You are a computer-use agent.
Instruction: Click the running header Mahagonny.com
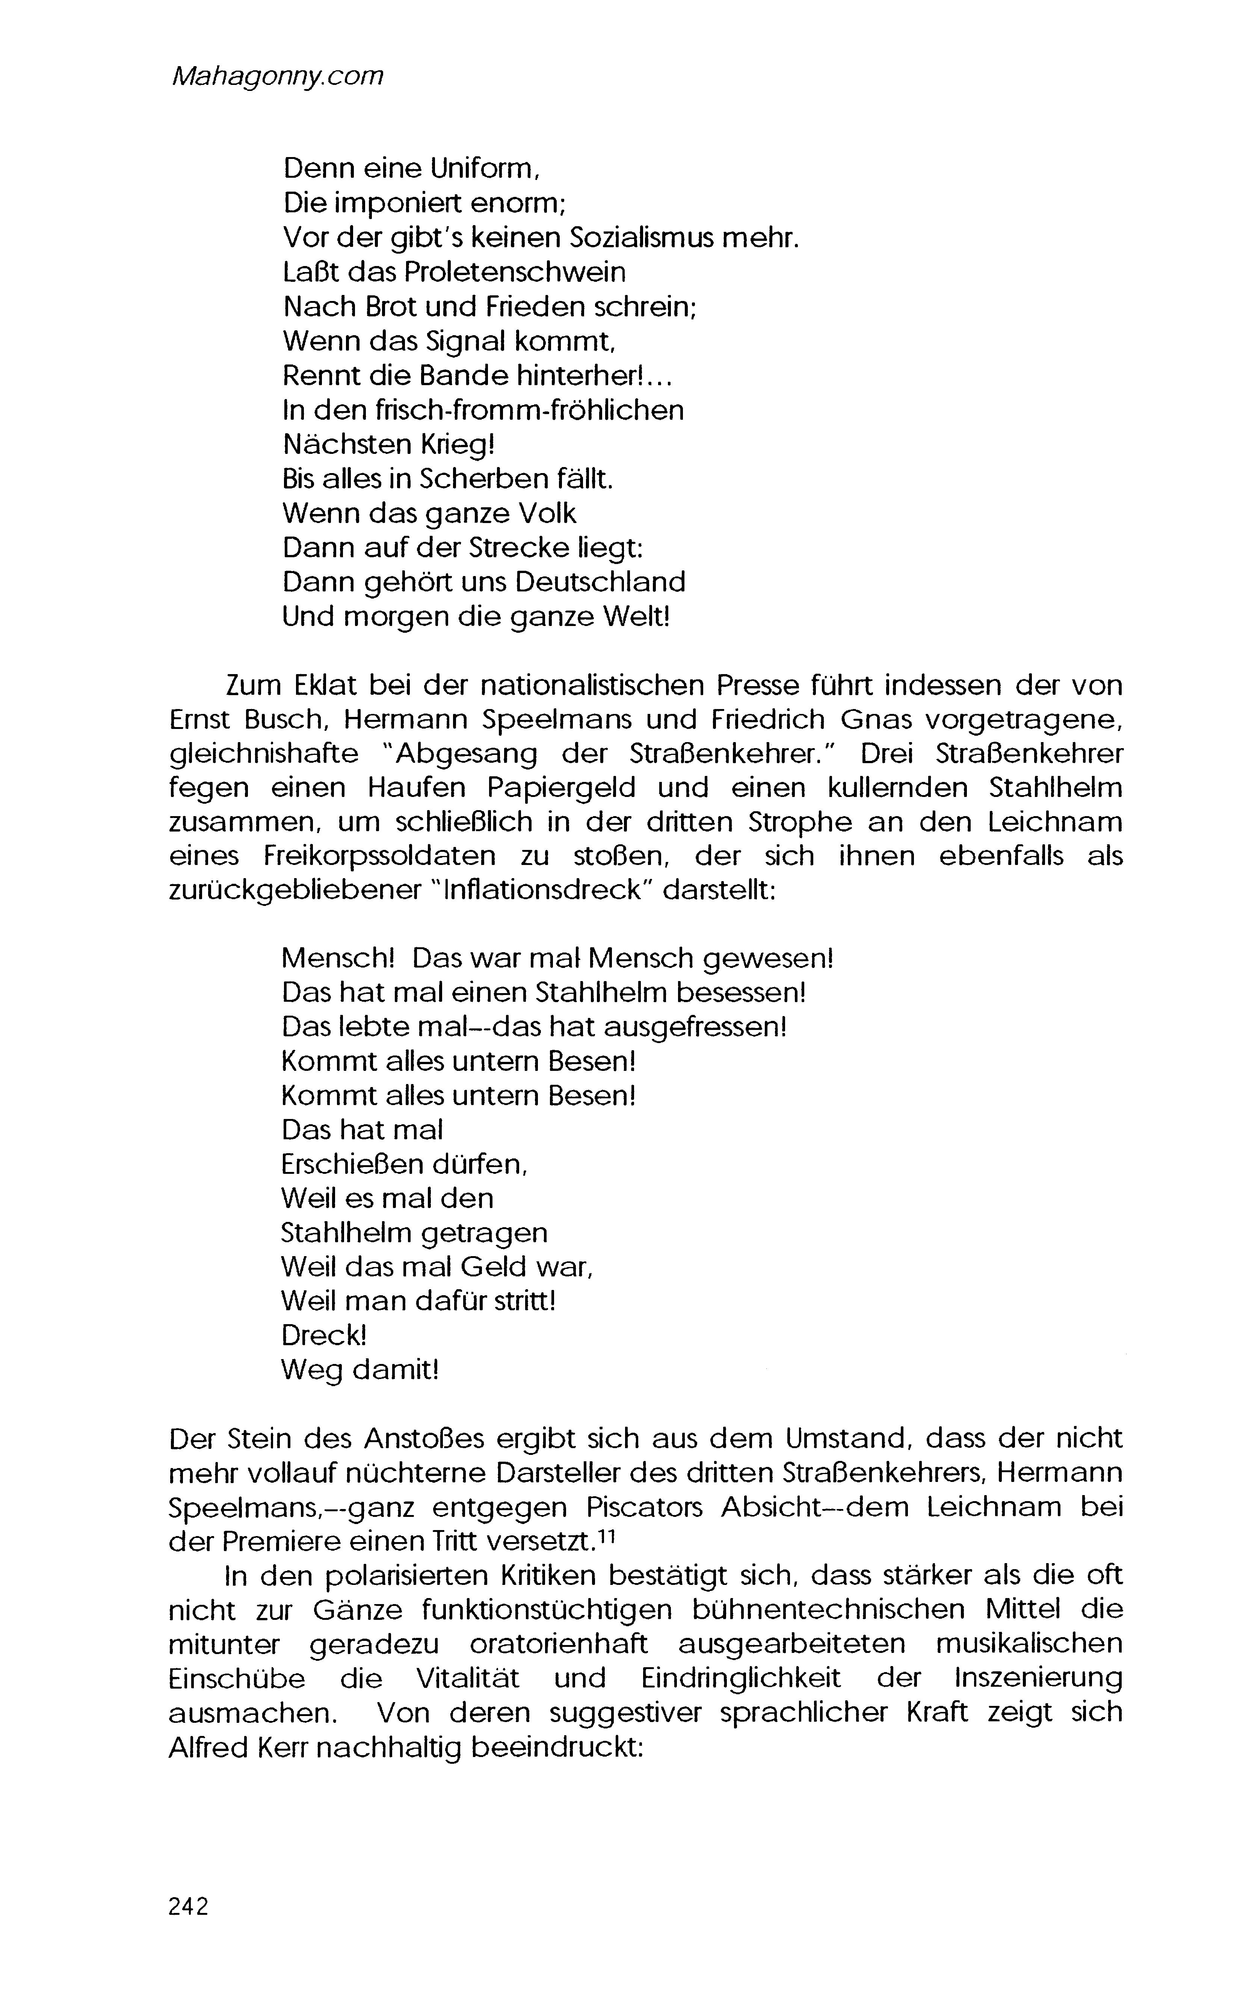point(277,77)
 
